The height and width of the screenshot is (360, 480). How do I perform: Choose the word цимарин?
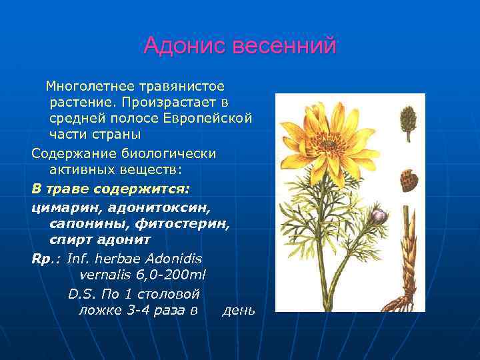(x=61, y=206)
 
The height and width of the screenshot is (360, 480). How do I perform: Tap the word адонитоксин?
(x=151, y=206)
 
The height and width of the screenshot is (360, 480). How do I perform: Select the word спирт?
(x=69, y=239)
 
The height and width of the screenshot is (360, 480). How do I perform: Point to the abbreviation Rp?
(x=42, y=258)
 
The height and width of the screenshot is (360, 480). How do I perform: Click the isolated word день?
(x=238, y=310)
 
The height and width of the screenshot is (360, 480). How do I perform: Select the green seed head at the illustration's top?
(x=407, y=120)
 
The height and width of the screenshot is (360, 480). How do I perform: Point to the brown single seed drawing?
(x=408, y=179)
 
